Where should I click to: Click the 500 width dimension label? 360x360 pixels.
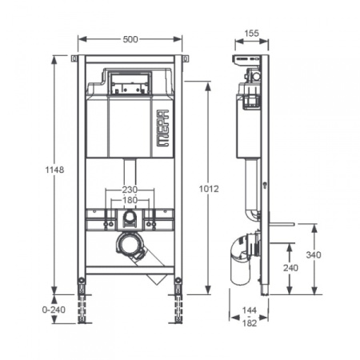[x=130, y=39]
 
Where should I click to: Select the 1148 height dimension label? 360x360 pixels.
[x=54, y=170]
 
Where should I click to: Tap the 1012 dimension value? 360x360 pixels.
[x=209, y=189]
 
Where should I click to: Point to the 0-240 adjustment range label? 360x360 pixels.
[x=54, y=310]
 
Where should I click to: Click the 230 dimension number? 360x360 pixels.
[x=130, y=190]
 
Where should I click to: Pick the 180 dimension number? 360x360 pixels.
[x=130, y=200]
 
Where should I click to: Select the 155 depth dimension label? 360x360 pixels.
[x=251, y=34]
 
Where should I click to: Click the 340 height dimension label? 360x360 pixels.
[x=314, y=255]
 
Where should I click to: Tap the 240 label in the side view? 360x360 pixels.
[x=290, y=268]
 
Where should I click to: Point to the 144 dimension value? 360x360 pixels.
[x=250, y=310]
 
